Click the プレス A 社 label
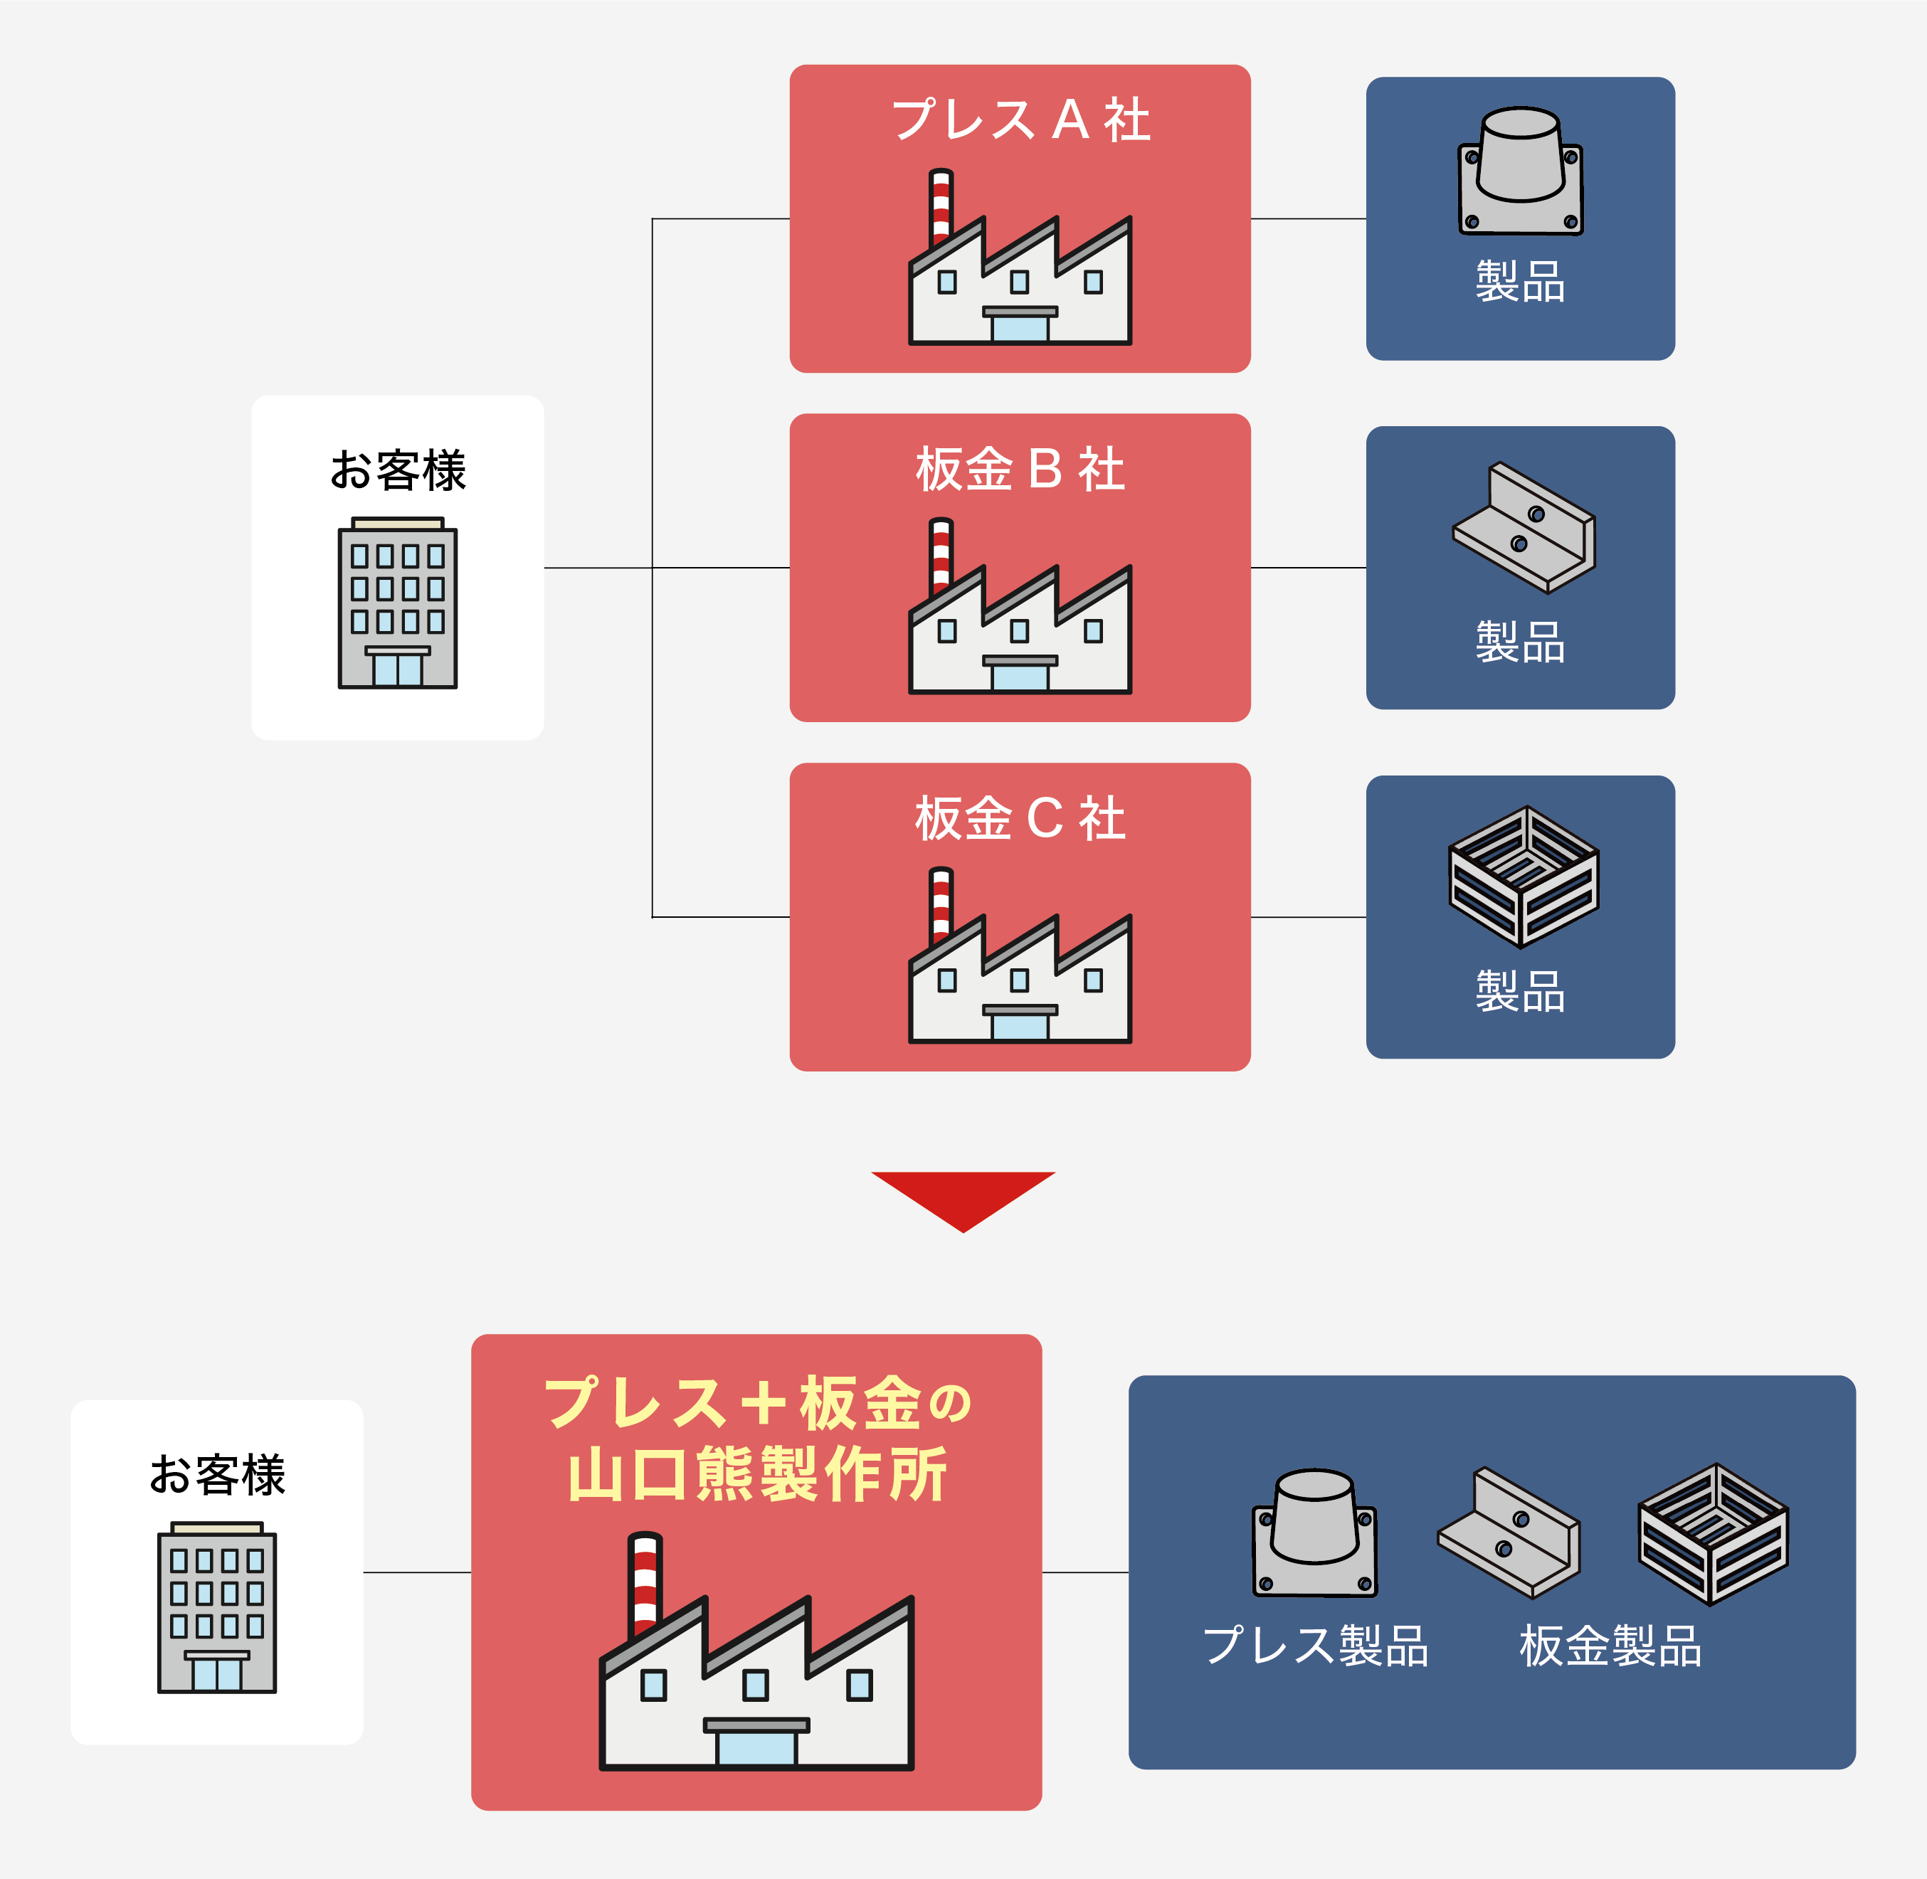[1020, 120]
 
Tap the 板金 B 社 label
[1020, 469]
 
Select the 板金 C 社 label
[1020, 818]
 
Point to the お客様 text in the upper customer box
[397, 470]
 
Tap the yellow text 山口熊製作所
[756, 1474]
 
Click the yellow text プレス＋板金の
[756, 1402]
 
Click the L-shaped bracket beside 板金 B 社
[1524, 528]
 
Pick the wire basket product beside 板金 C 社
[1524, 877]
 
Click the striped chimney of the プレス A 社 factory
[941, 207]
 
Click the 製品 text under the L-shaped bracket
[1520, 642]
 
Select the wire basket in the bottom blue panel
[1713, 1534]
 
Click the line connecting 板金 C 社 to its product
[1308, 918]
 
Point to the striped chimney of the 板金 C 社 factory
[941, 906]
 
